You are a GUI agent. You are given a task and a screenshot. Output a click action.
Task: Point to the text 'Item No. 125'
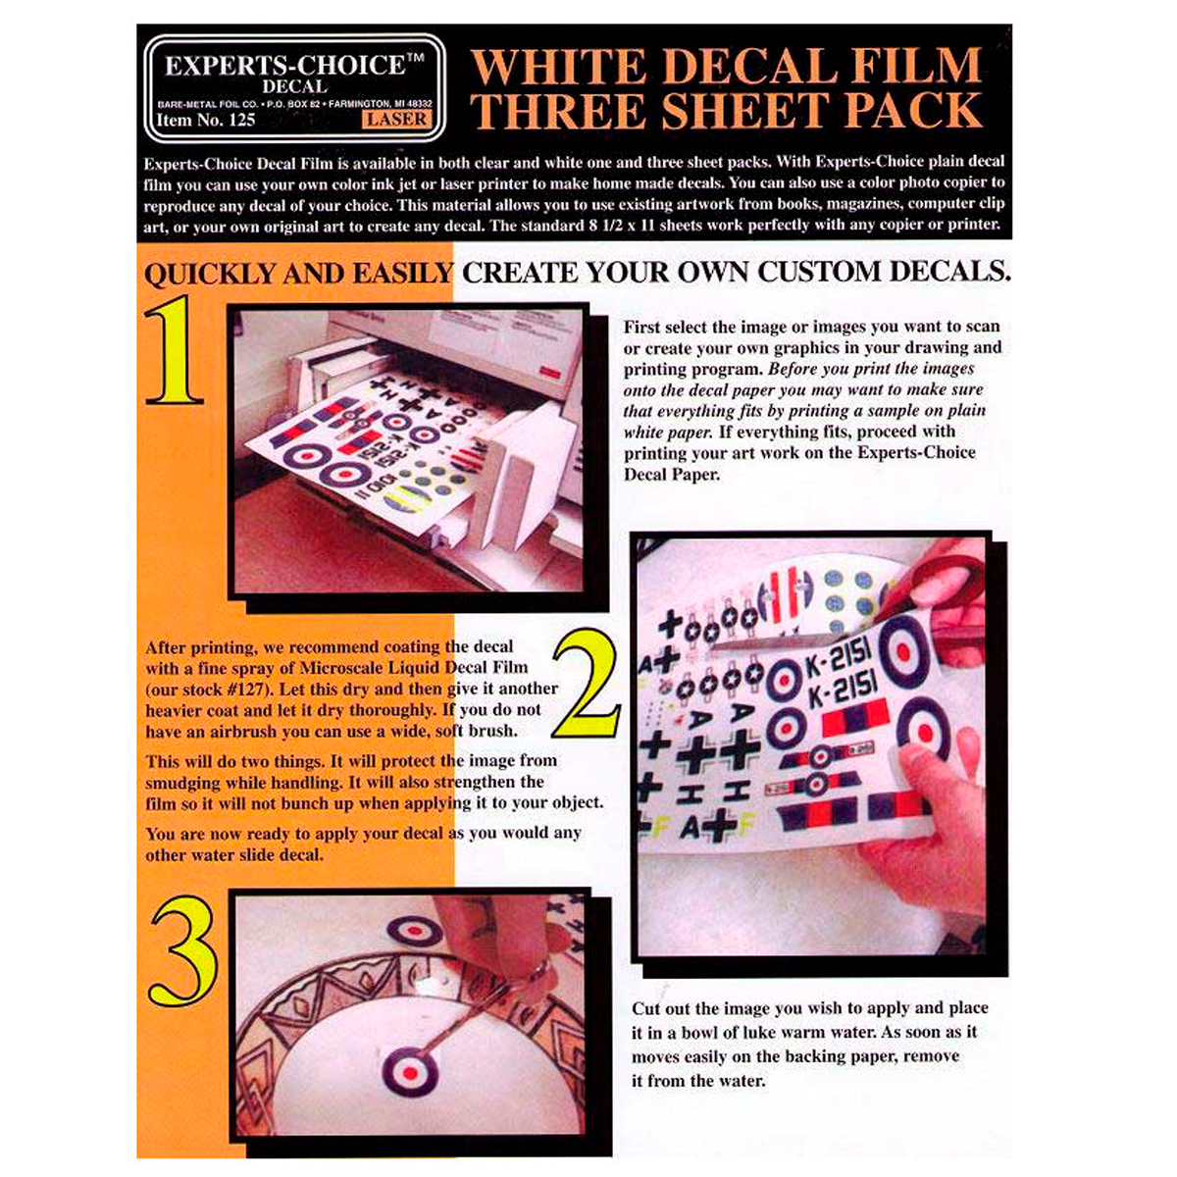[x=206, y=120]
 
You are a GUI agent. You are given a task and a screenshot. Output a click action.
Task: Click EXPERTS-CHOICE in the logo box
[x=284, y=66]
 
